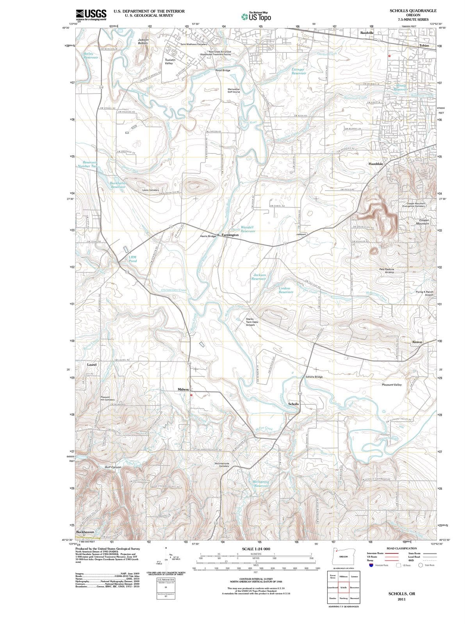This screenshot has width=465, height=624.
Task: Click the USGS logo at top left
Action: click(x=91, y=14)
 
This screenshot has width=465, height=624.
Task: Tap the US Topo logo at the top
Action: click(x=256, y=17)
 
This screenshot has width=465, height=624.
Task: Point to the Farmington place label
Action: click(x=230, y=235)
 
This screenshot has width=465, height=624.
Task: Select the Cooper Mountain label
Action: click(x=422, y=222)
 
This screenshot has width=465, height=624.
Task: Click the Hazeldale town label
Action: click(x=376, y=164)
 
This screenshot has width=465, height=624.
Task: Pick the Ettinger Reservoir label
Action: click(x=299, y=71)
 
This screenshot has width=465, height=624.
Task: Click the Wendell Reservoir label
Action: click(x=248, y=229)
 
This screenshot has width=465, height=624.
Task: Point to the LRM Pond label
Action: click(x=133, y=259)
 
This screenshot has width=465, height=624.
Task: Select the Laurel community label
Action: click(x=92, y=364)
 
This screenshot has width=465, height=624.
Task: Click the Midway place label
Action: click(x=183, y=389)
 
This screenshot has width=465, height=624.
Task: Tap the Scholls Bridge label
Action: click(x=314, y=377)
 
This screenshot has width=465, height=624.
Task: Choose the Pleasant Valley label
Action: click(x=392, y=385)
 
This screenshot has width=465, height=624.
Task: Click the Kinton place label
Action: click(x=417, y=342)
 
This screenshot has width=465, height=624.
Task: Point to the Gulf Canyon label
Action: click(x=113, y=467)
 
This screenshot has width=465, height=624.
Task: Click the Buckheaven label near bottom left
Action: click(x=85, y=532)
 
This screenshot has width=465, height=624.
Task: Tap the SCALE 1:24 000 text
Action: click(x=256, y=549)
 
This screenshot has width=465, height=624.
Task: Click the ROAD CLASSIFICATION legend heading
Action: click(x=401, y=548)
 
